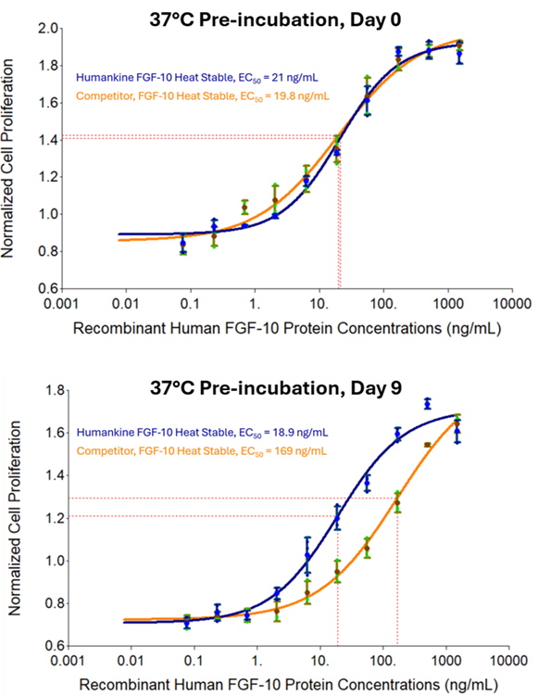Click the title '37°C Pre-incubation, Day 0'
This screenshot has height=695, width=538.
(275, 20)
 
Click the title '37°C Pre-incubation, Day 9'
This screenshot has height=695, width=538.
(275, 388)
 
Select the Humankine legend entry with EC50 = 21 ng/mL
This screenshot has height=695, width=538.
(197, 78)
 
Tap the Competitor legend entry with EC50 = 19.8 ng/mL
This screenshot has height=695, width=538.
(203, 96)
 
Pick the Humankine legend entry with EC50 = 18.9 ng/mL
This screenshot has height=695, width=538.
(203, 433)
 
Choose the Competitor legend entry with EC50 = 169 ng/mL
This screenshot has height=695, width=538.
(202, 451)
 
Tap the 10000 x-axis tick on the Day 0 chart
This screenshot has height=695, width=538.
(511, 304)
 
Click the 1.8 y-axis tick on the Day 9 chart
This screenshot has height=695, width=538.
(54, 390)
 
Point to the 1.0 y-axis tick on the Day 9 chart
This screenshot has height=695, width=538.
(54, 562)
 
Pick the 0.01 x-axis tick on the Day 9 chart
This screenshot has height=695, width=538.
(131, 661)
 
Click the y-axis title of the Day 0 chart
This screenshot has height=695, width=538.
(8, 158)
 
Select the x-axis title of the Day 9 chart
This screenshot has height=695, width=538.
(289, 685)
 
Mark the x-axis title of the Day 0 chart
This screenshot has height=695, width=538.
(287, 328)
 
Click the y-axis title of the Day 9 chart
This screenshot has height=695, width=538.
(15, 518)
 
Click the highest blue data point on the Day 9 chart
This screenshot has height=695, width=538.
(427, 404)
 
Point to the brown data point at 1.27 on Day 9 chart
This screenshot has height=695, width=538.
(397, 502)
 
